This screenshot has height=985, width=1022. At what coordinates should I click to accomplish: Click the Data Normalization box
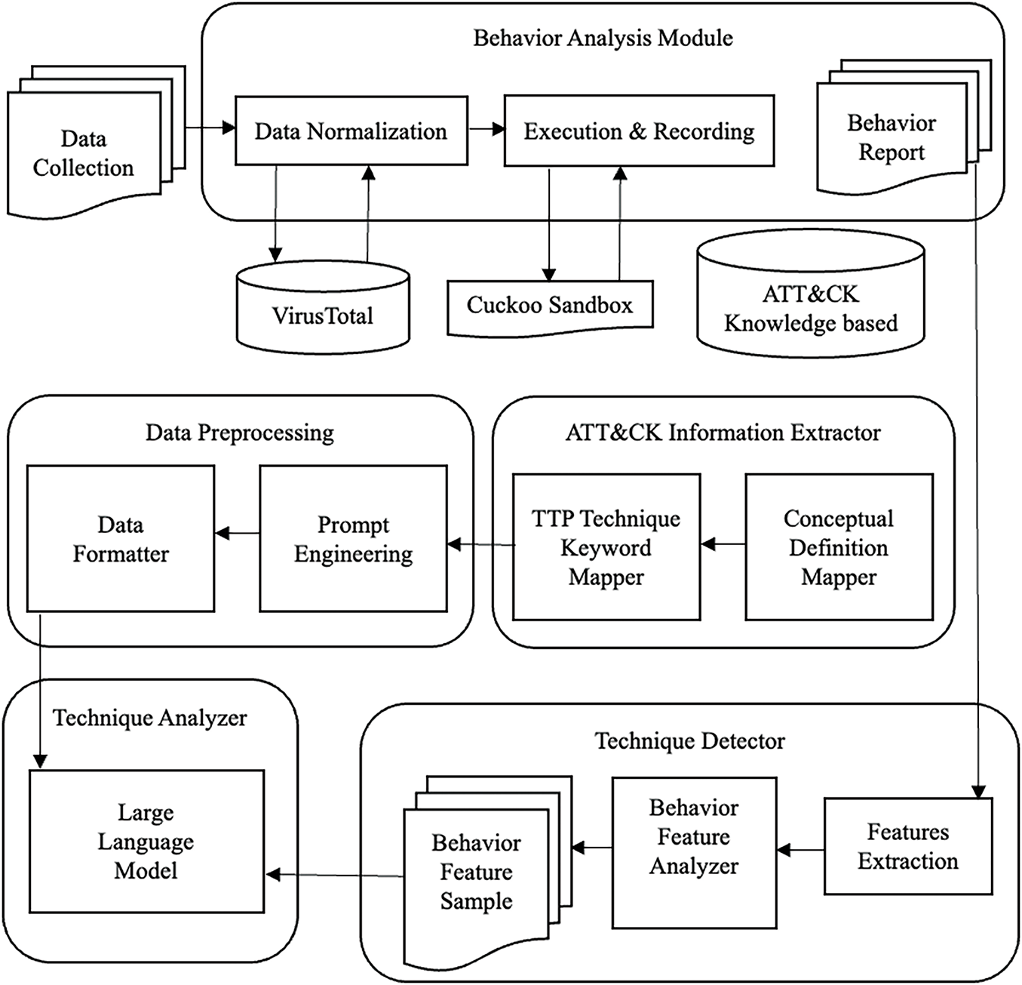click(x=351, y=131)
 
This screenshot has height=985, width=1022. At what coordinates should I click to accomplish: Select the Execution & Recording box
click(x=639, y=131)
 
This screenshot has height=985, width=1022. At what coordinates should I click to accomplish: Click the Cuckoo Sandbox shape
click(x=550, y=306)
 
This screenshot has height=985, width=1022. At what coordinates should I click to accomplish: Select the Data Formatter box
click(x=121, y=538)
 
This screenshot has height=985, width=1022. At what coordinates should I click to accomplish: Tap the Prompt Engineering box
click(x=353, y=538)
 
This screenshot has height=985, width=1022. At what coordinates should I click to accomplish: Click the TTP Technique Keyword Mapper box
click(x=606, y=547)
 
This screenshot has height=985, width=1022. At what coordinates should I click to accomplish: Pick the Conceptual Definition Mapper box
click(x=839, y=547)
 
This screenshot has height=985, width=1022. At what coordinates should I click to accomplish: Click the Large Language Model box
click(x=146, y=841)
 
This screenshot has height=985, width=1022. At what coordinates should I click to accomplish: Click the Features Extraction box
click(x=907, y=846)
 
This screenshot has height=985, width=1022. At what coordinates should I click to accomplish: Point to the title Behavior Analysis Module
click(x=603, y=38)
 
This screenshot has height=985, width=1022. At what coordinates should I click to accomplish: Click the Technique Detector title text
click(x=689, y=740)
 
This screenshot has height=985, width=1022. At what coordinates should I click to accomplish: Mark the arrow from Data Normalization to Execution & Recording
click(x=486, y=130)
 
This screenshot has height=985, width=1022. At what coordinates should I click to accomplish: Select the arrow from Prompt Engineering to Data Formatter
click(x=237, y=534)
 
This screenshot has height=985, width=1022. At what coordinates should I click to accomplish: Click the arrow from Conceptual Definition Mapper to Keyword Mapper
click(x=723, y=543)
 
